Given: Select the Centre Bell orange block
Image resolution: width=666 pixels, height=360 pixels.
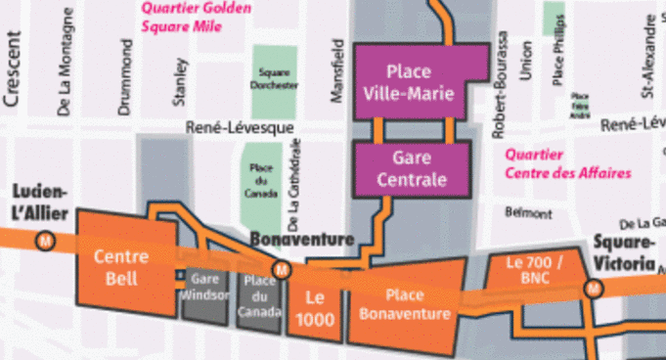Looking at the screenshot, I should [x=121, y=267].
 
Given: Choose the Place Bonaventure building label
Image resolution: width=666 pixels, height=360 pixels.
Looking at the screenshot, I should [x=404, y=304].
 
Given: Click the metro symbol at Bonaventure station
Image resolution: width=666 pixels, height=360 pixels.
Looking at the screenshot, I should [x=282, y=269].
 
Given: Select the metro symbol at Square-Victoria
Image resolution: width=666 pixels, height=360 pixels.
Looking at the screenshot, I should [x=593, y=289].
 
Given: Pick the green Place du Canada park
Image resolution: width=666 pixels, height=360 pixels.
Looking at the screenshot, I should [x=260, y=180].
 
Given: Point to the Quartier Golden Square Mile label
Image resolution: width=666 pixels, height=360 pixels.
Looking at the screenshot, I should [x=195, y=17].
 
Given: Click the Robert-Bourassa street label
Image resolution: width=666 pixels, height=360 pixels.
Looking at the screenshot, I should [x=502, y=82].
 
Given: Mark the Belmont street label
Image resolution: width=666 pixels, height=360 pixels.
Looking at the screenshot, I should [x=521, y=212].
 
